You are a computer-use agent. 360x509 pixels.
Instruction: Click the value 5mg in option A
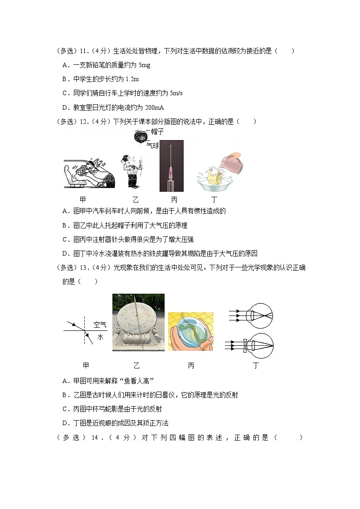pyautogui.click(x=144, y=65)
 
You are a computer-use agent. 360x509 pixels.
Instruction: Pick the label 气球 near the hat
pyautogui.click(x=153, y=145)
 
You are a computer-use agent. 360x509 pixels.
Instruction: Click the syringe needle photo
pyautogui.click(x=171, y=165)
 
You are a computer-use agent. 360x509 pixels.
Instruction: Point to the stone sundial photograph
pyautogui.click(x=138, y=322)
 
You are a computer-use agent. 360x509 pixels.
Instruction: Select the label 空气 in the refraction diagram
pyautogui.click(x=100, y=325)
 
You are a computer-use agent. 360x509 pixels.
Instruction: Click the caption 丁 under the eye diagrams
pyautogui.click(x=256, y=365)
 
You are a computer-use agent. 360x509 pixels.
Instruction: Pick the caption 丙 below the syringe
pyautogui.click(x=175, y=199)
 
